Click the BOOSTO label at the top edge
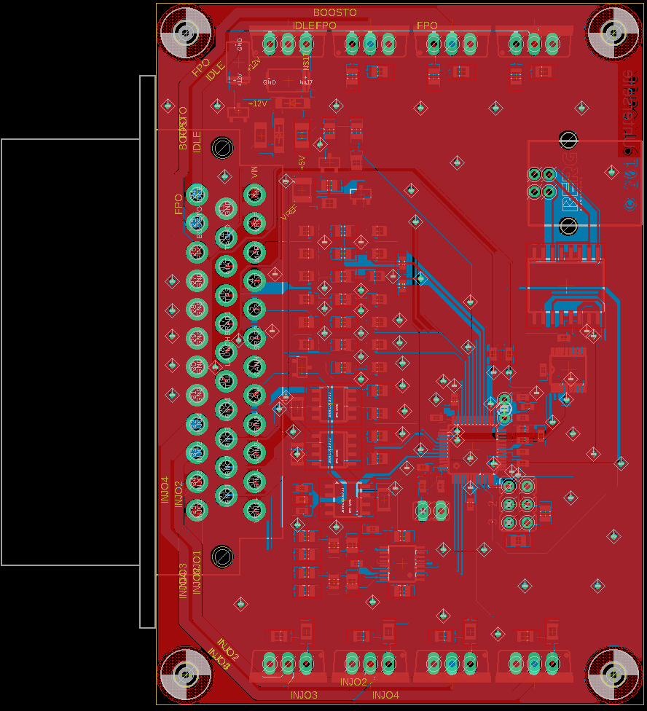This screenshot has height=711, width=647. click(335, 12)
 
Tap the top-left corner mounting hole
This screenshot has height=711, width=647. click(185, 32)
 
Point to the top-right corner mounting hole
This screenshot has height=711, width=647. click(613, 32)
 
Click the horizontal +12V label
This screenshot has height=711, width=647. click(258, 103)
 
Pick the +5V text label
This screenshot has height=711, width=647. click(300, 162)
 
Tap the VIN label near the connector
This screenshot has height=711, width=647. click(254, 173)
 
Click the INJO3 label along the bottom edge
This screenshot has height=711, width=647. click(304, 695)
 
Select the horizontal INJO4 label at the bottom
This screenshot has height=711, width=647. click(385, 695)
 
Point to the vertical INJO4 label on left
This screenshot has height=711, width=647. click(165, 491)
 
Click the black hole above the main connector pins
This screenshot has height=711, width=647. click(221, 148)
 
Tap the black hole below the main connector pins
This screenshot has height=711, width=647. click(221, 557)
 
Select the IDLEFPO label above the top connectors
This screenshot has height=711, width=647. click(314, 26)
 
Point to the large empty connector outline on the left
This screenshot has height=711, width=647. click(71, 352)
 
